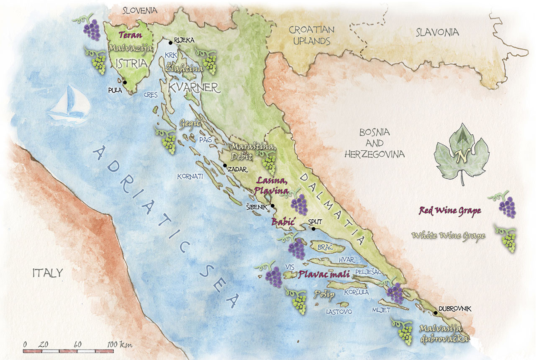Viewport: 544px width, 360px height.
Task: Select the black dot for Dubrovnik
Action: point(435,313)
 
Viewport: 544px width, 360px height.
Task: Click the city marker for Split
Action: point(313,229)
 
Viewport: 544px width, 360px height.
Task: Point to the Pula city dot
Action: point(125,82)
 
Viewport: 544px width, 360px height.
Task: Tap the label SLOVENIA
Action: point(139,10)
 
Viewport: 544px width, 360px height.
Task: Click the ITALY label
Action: point(48,273)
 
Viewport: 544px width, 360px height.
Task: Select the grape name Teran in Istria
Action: point(130,36)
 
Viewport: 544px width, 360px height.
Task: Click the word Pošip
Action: point(324,296)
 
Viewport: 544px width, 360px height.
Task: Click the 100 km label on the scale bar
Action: point(119,345)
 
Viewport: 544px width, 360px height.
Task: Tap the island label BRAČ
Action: point(325,247)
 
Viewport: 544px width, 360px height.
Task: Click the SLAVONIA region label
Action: point(437,32)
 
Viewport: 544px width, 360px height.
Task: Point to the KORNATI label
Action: point(190,177)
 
